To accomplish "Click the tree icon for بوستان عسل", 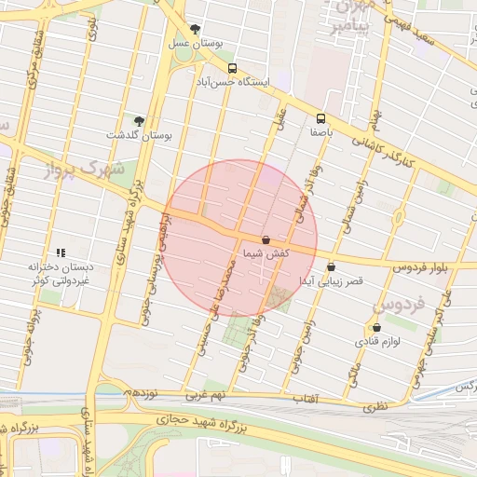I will point(195,29).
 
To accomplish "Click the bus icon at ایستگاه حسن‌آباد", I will point(232,68).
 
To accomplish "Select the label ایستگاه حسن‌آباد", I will point(232,82).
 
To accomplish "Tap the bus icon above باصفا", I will point(321,118).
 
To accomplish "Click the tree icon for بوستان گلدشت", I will point(140,121).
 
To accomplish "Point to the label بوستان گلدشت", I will point(140,135).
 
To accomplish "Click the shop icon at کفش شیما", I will point(266,239).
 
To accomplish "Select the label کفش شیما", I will point(266,253).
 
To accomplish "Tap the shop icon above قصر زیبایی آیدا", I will point(331,266).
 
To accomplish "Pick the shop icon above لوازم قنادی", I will point(376,328).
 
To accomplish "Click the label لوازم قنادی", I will point(376,342).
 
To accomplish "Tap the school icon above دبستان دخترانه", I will point(61,252).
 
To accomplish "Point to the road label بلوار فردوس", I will point(420,267).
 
